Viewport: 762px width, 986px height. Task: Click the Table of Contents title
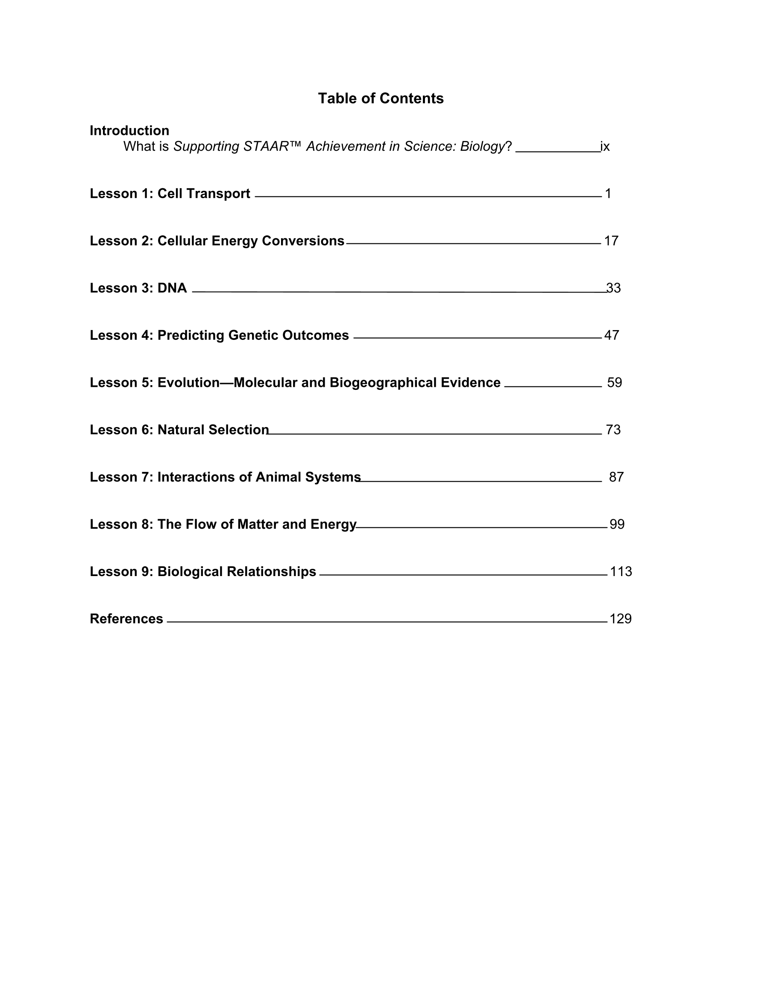click(380, 98)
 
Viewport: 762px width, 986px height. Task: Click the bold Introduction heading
click(129, 131)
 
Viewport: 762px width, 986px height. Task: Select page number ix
click(605, 146)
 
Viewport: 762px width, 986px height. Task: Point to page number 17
click(611, 241)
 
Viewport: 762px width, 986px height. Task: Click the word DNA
click(172, 288)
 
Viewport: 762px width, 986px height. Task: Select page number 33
click(614, 288)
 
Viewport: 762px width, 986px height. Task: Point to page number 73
click(613, 429)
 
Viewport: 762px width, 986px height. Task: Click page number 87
click(616, 477)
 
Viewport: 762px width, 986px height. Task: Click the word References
click(126, 618)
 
